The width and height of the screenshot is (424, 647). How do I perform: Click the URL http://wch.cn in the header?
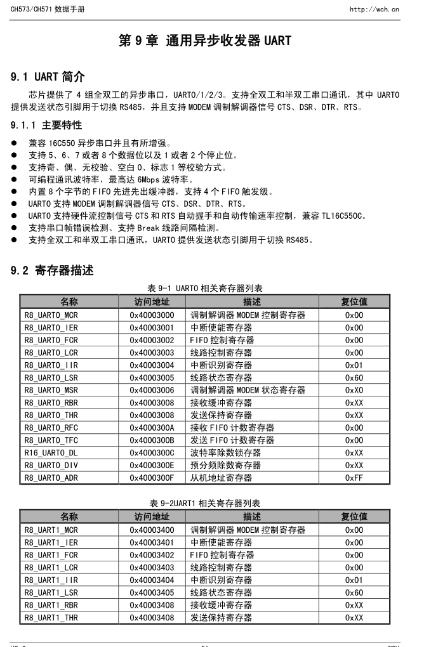(374, 10)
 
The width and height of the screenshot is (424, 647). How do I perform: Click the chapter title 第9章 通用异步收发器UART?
(205, 41)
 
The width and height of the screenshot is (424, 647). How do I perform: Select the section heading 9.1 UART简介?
(48, 77)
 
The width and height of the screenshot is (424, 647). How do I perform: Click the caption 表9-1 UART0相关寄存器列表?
(204, 288)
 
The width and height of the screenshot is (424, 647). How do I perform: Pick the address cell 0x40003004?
(152, 365)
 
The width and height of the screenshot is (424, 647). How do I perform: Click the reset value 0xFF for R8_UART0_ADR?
(354, 478)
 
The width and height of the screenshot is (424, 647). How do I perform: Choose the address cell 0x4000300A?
(152, 428)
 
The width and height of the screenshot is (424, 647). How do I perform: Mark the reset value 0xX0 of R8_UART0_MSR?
(354, 390)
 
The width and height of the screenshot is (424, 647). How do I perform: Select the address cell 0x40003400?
(152, 530)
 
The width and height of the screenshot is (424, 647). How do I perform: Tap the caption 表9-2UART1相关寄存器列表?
(204, 503)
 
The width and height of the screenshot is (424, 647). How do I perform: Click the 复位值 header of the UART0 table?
(354, 302)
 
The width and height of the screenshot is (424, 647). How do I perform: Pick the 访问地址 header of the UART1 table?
(152, 517)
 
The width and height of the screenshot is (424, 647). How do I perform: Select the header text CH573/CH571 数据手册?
(47, 10)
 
